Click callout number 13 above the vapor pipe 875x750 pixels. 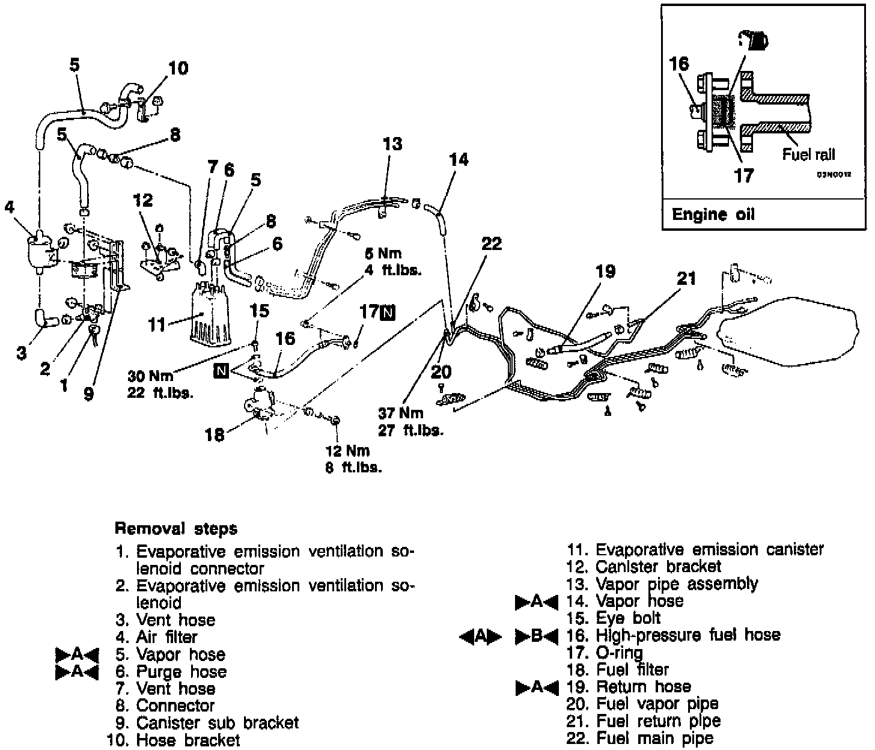392,144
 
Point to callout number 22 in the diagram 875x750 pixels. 491,243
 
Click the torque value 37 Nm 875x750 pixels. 400,413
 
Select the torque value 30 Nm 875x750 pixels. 150,376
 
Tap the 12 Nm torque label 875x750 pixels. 348,451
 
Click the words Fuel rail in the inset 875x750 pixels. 808,154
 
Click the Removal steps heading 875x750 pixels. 175,529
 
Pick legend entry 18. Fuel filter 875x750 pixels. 617,669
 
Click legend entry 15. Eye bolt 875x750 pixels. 613,618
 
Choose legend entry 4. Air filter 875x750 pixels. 157,637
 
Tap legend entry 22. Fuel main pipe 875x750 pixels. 639,738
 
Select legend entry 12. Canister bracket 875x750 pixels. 643,566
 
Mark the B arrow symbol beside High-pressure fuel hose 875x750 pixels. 537,635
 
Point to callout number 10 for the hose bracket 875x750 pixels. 178,68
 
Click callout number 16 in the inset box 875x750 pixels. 679,64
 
